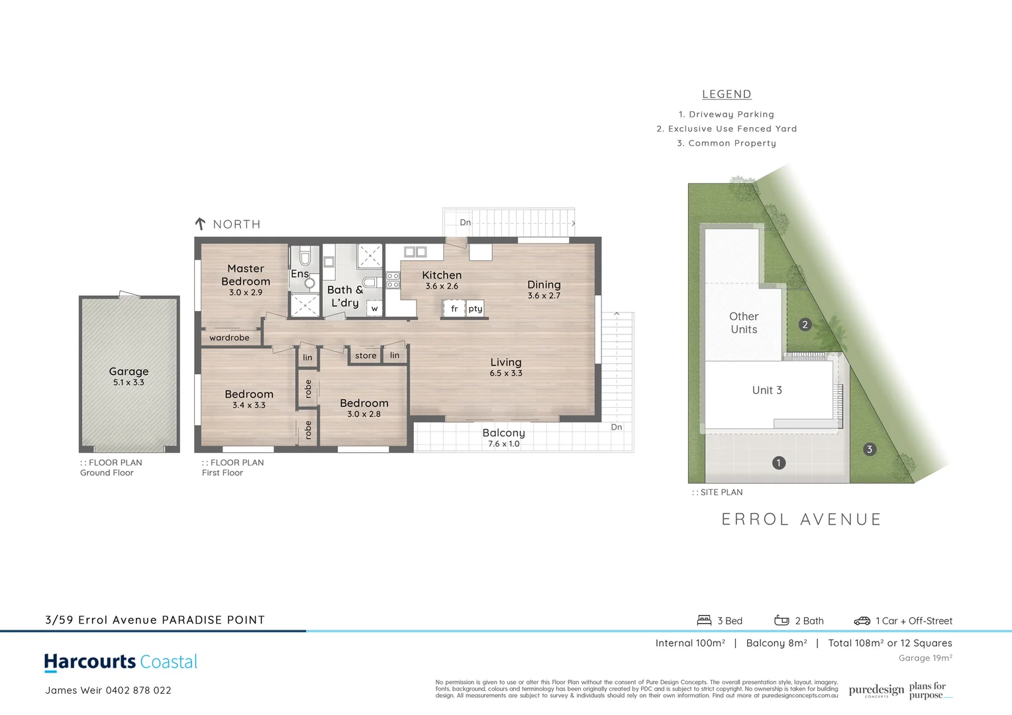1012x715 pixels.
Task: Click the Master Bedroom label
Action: (x=246, y=275)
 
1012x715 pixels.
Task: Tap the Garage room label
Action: (x=128, y=372)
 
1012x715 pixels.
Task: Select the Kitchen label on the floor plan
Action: (x=442, y=275)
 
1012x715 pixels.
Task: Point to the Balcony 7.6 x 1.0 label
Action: (x=503, y=433)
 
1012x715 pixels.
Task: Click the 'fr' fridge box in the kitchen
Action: (x=454, y=309)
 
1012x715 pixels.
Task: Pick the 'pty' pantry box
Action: (x=476, y=309)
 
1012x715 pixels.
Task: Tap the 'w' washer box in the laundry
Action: (x=374, y=309)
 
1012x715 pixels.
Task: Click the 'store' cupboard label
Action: (x=366, y=356)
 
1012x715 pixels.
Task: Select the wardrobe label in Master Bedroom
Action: (x=229, y=338)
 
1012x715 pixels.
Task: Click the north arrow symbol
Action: (x=200, y=224)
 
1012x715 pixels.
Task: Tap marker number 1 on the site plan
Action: (x=779, y=463)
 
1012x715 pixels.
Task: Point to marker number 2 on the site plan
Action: (x=805, y=324)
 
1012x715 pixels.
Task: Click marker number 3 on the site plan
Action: (x=870, y=450)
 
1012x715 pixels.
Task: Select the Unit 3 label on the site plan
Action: (x=767, y=391)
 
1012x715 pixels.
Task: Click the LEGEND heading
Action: (x=727, y=94)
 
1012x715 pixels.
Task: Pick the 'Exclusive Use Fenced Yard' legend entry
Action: (x=727, y=128)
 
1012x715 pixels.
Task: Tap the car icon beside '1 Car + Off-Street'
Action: (x=862, y=621)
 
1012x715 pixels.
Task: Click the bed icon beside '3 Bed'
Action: (x=704, y=620)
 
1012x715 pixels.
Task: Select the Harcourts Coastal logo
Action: (x=121, y=662)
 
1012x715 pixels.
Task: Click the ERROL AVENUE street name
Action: (x=801, y=520)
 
